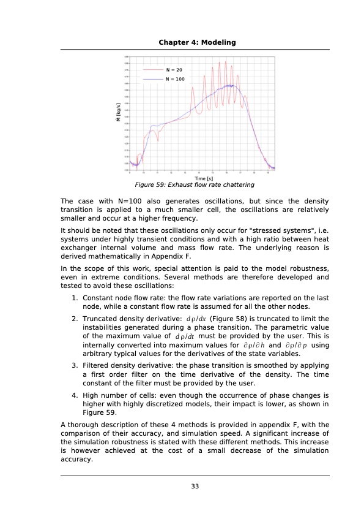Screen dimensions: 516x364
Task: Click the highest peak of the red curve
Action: coord(226,61)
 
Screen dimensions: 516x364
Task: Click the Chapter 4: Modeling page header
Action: coord(197,42)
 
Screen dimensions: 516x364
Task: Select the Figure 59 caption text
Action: coord(195,184)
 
